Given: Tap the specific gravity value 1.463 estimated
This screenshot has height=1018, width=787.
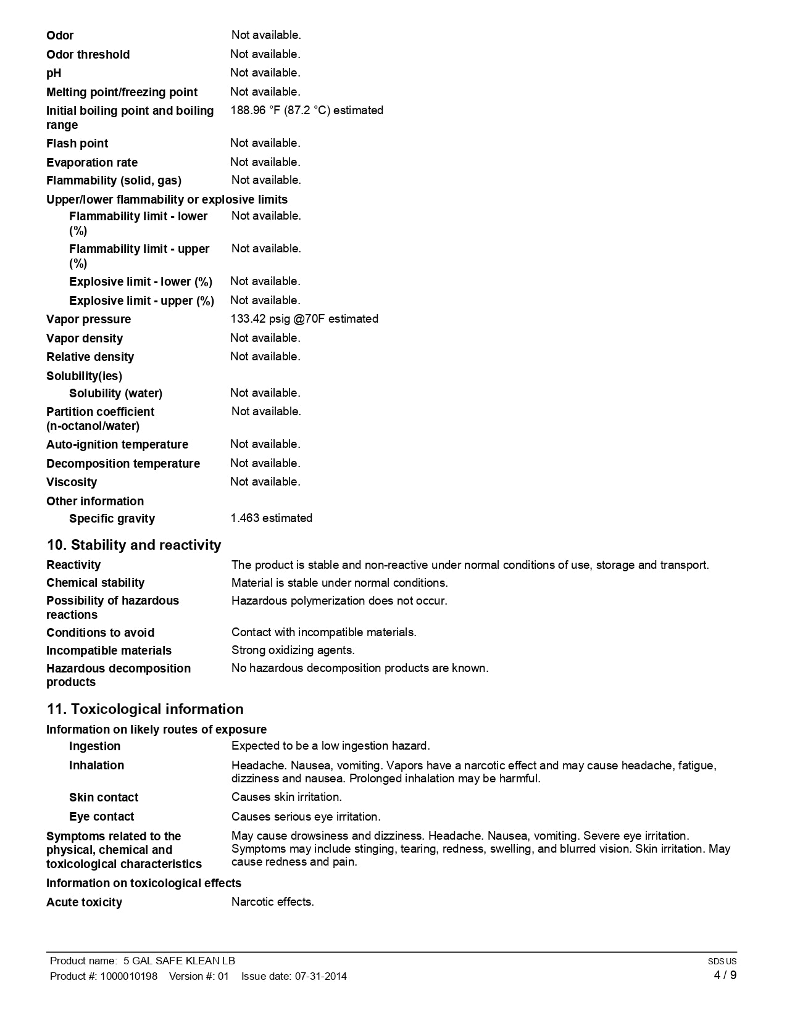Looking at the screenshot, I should pos(272,518).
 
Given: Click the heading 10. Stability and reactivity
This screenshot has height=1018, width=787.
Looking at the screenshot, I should pos(134,545).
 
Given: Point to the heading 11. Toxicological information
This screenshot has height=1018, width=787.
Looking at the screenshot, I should pos(145,710).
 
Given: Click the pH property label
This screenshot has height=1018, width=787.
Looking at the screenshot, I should pos(54,73).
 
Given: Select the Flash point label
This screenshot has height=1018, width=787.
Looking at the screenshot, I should pos(77,144).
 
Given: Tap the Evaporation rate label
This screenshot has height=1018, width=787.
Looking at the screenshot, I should pos(92,163).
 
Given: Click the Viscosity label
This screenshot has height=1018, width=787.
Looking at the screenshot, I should pos(72,482).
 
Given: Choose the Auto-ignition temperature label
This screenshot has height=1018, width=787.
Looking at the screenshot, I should pos(117,445).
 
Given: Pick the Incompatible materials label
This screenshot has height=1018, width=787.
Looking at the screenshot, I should pos(109,651).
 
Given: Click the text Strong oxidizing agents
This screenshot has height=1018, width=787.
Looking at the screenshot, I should pos(293,650).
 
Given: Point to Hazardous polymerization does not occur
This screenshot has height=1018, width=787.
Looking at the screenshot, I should pos(339,601).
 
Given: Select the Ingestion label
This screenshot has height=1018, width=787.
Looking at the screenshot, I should pos(95,747).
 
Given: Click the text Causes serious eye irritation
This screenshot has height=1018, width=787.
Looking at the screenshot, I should pos(306,817).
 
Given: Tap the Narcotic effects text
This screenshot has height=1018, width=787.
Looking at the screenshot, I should pos(273,902).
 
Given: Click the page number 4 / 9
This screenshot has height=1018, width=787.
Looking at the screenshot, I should pos(725,975).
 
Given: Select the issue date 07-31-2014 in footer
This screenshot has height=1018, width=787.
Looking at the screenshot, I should pos(321,976).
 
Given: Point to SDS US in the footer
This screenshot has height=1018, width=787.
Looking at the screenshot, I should pos(722,961).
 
